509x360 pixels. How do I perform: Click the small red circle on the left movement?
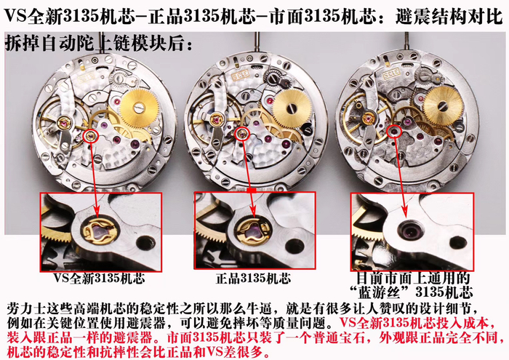coord(89,135)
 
